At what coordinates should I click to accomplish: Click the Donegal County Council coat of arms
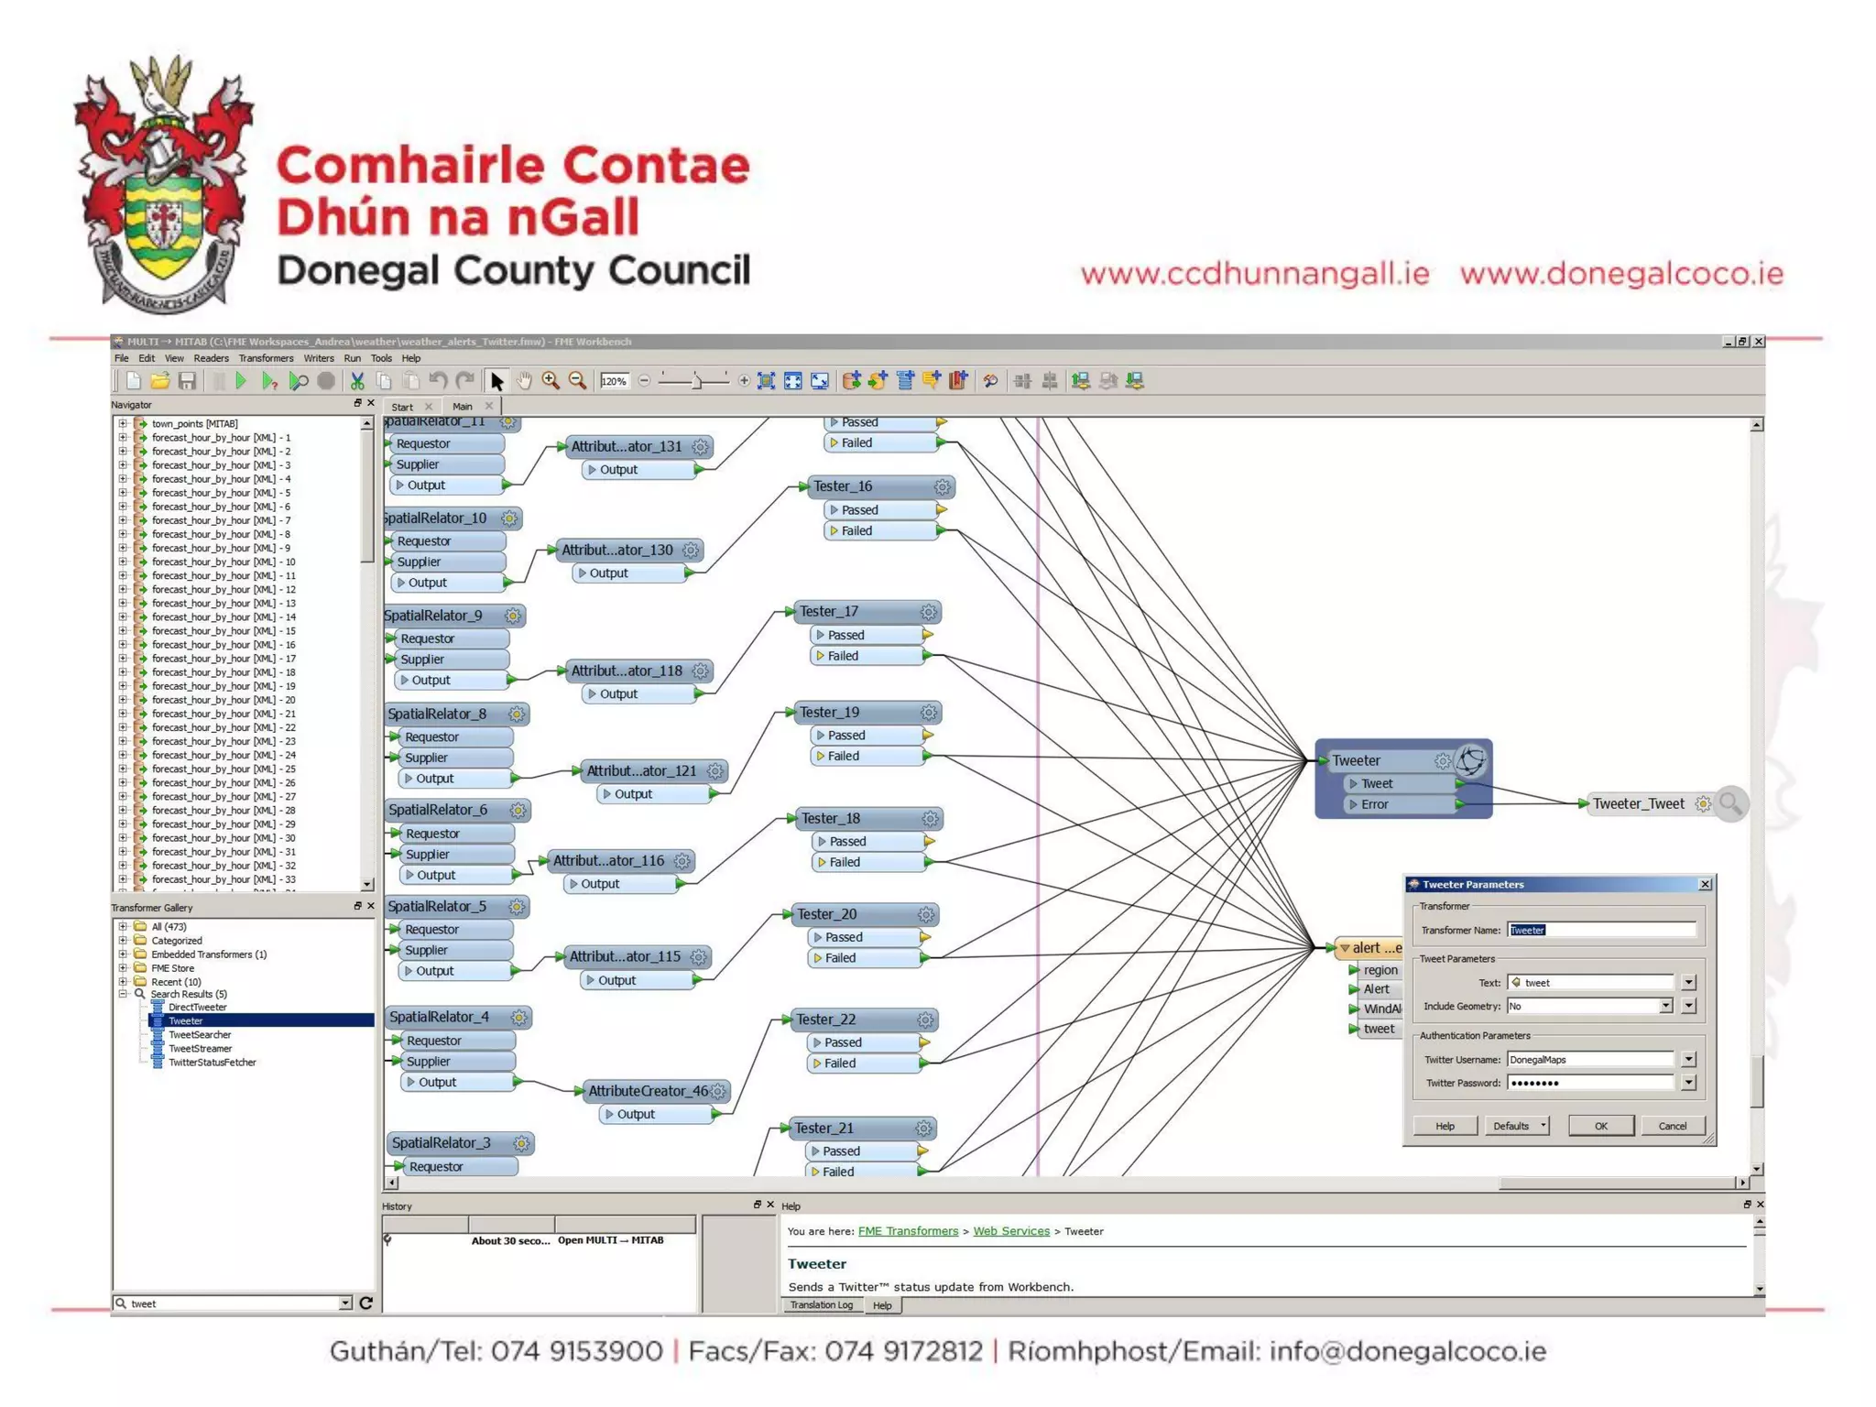click(163, 183)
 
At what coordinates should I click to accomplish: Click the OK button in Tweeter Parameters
click(1600, 1126)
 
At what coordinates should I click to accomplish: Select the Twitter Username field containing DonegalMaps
click(1590, 1060)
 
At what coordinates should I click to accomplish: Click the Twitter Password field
click(1590, 1083)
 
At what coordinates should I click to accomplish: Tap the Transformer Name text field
click(1601, 930)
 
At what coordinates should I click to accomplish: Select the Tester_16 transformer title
click(843, 486)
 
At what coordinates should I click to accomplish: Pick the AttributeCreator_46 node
click(648, 1091)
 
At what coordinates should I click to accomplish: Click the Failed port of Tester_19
click(844, 756)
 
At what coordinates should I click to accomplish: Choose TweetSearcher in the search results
click(200, 1034)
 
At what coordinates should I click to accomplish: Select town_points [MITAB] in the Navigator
click(194, 423)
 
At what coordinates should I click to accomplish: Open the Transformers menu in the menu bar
click(266, 358)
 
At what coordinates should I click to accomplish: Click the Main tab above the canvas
click(463, 407)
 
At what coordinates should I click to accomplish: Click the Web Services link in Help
click(1011, 1231)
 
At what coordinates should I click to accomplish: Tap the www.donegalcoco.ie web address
click(1621, 273)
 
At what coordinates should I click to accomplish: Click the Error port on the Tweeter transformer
click(1374, 804)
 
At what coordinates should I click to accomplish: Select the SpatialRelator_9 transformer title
click(433, 616)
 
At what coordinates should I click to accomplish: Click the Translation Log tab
click(821, 1305)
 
